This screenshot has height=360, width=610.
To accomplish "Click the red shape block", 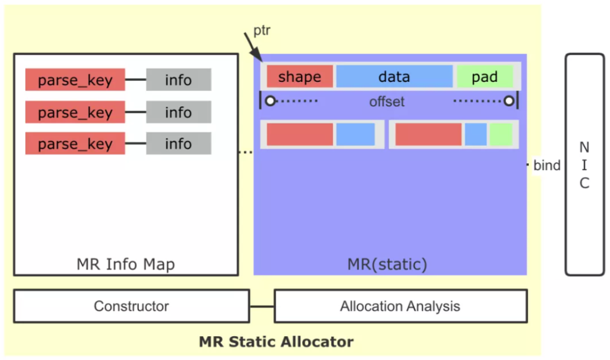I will click(299, 77).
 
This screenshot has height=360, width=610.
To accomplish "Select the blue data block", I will click(394, 77).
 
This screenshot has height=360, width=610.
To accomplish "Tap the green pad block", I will click(485, 77).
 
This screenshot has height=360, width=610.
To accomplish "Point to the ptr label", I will click(262, 30).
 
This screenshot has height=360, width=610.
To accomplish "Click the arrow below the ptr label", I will click(253, 45).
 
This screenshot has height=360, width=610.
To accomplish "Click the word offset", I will click(387, 102).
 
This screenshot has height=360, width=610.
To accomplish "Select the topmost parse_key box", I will click(75, 80).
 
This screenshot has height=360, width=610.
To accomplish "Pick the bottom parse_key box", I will click(75, 144).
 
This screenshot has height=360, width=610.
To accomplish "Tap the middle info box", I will click(178, 112).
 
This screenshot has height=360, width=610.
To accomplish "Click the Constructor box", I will click(131, 306).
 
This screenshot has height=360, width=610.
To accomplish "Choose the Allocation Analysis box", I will click(400, 306).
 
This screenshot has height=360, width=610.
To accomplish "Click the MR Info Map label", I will click(125, 264).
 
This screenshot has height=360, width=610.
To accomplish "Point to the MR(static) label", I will click(387, 264).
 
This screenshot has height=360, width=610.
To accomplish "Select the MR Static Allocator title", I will click(276, 341).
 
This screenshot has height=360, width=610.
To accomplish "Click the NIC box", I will click(585, 164).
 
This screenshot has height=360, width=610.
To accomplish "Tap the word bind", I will click(547, 165).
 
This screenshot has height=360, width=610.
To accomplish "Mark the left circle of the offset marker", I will click(271, 101).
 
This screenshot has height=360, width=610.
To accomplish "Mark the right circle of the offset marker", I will click(509, 101).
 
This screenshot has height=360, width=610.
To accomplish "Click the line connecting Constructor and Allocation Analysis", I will click(262, 306).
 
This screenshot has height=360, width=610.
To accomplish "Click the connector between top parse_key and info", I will click(136, 80).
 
